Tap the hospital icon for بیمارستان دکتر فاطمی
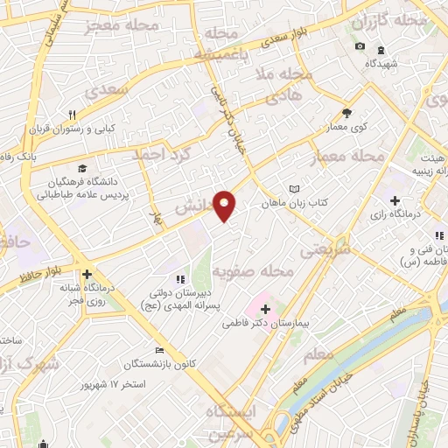coord(265,310)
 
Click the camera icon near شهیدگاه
coord(360,46)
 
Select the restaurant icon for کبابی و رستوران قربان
coord(73,115)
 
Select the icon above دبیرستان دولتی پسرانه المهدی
coord(180,280)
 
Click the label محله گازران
coord(398,19)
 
